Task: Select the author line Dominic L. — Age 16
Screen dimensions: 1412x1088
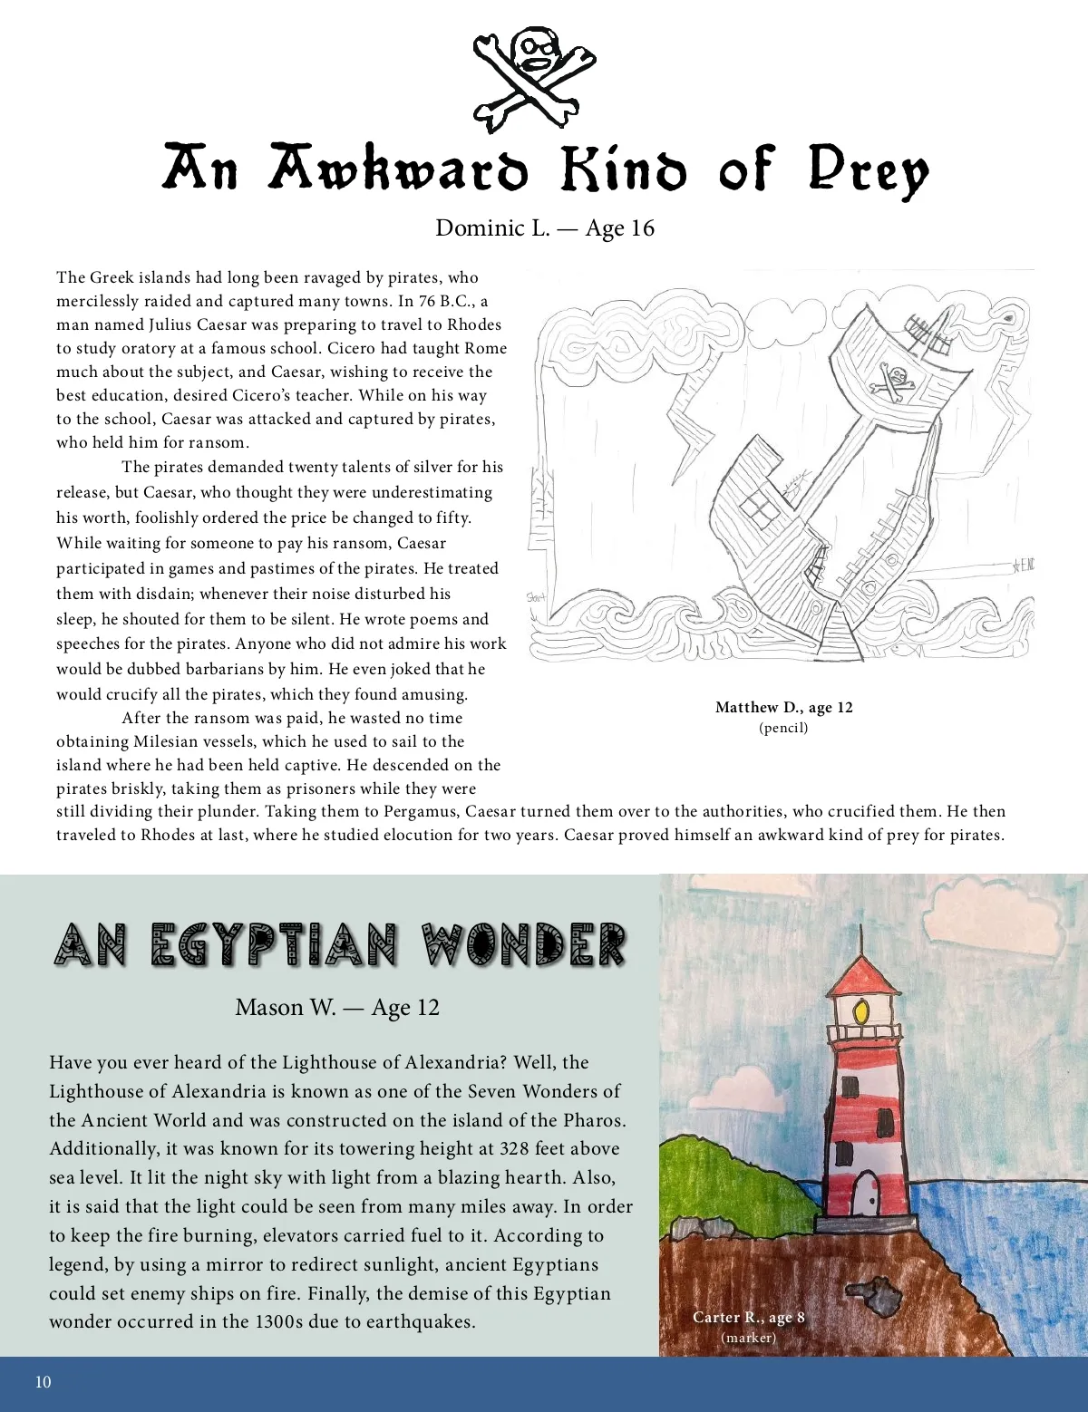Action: (544, 227)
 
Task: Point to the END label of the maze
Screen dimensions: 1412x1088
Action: (1024, 566)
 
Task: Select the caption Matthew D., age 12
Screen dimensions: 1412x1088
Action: (783, 707)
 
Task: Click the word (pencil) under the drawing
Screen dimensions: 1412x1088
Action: (783, 727)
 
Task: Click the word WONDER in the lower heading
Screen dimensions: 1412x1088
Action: (523, 945)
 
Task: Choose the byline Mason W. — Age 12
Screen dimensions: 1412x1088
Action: (336, 1007)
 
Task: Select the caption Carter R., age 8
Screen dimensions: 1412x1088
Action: (748, 1317)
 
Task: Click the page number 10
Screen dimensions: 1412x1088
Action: (43, 1382)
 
